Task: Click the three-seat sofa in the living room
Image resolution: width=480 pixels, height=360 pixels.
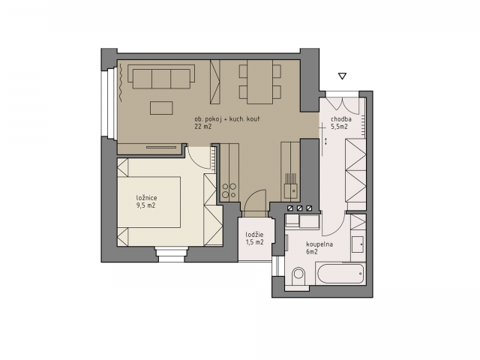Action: tap(161, 76)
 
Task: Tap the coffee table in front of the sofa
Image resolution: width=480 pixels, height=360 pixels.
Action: tap(161, 108)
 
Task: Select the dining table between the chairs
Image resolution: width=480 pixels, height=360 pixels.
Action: tap(260, 82)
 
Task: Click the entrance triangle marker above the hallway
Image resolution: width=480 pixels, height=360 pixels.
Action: tap(342, 76)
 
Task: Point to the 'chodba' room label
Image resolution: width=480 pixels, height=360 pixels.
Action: tap(341, 119)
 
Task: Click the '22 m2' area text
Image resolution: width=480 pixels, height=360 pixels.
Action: tap(203, 127)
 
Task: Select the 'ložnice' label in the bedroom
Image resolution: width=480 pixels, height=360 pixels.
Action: tap(146, 198)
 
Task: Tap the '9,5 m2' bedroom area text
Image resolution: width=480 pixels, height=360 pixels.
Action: tap(145, 205)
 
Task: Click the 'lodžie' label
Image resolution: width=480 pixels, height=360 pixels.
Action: tap(255, 235)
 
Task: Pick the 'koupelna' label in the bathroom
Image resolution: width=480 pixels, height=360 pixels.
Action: tap(319, 244)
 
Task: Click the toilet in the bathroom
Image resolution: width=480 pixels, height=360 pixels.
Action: tap(298, 277)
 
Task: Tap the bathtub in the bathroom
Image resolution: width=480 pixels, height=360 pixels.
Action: tap(341, 274)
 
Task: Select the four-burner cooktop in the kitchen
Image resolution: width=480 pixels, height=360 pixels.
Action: tap(229, 190)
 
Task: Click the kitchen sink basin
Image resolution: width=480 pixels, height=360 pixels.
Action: tap(291, 191)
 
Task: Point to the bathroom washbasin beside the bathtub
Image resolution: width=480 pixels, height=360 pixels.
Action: tap(358, 244)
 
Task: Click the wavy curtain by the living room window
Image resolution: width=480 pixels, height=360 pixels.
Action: tap(121, 82)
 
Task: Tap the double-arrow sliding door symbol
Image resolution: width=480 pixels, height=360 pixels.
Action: tap(326, 142)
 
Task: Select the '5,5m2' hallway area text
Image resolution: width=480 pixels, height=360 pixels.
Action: tap(339, 127)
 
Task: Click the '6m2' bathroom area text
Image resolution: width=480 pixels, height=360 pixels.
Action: tap(312, 252)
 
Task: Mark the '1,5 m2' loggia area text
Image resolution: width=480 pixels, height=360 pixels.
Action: tap(255, 242)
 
